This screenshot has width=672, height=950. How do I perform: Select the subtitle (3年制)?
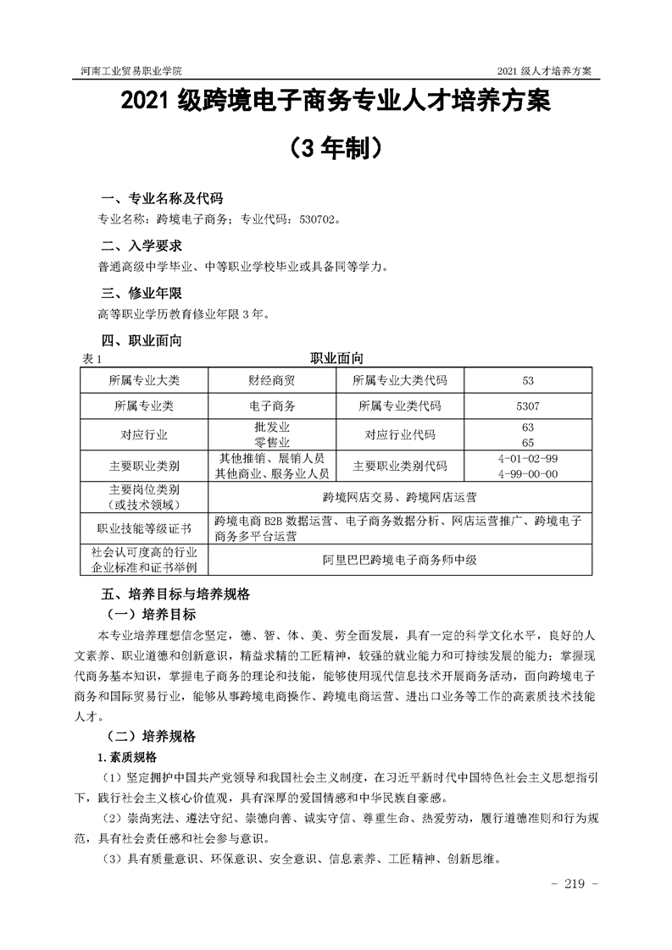(336, 150)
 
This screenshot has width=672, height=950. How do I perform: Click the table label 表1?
(92, 359)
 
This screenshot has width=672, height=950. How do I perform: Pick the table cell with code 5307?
(526, 406)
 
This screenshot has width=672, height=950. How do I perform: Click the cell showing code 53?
(526, 380)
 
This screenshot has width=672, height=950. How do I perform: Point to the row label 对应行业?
(144, 435)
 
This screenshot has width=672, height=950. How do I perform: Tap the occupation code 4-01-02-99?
(528, 458)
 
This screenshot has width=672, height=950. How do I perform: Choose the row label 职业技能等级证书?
(144, 528)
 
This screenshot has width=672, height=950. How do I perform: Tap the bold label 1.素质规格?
(133, 755)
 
